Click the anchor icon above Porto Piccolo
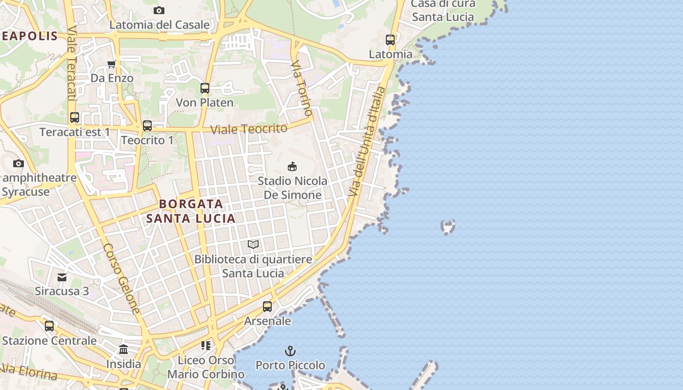coord(290,351)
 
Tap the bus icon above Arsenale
coord(267,307)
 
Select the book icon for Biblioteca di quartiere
coord(253,244)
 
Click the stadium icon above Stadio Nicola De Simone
coord(292,167)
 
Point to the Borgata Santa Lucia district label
coord(191,211)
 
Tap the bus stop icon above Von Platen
coord(205,88)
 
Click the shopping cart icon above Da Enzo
coord(112,64)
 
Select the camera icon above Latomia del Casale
coord(159,10)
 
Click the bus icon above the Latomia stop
coord(390,40)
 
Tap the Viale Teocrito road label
coord(249,129)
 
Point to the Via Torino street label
coord(301,88)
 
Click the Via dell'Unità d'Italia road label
coord(367,142)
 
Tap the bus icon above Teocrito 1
coord(147,126)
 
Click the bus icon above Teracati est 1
coord(75,117)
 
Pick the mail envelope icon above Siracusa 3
coord(62,277)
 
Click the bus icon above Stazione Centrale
coord(49,326)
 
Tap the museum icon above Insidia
coord(123,350)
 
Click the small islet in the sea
coord(447,227)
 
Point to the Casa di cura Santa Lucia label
coord(443,11)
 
